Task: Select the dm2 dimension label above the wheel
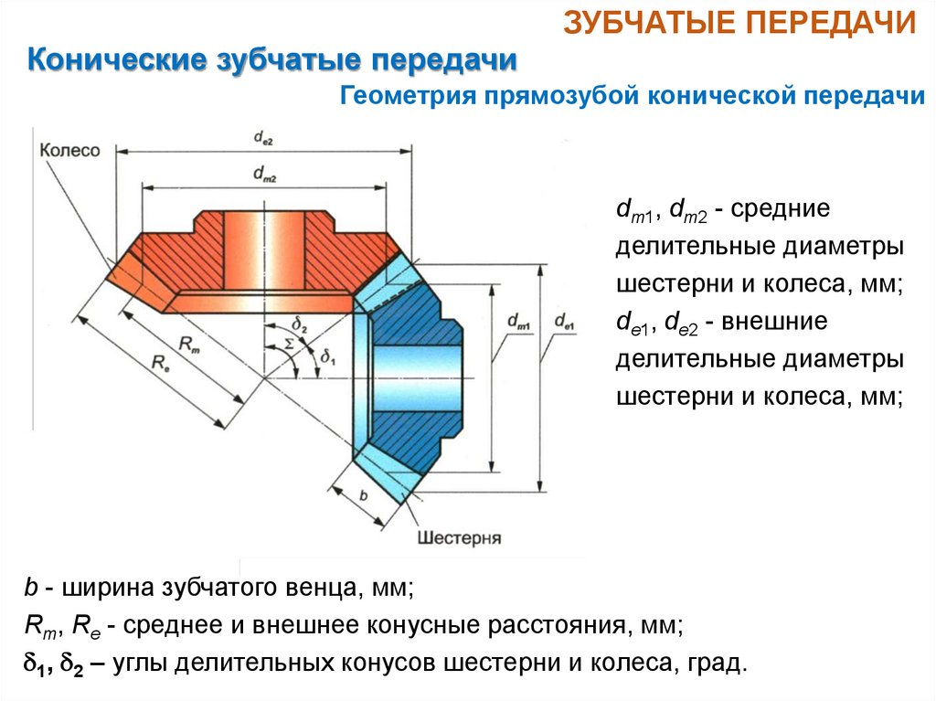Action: point(265,172)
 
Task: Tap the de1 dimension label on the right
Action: point(564,321)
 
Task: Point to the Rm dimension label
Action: point(186,345)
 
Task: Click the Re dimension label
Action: point(158,364)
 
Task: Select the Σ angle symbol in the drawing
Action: point(290,343)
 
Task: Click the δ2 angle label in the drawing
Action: point(300,324)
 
